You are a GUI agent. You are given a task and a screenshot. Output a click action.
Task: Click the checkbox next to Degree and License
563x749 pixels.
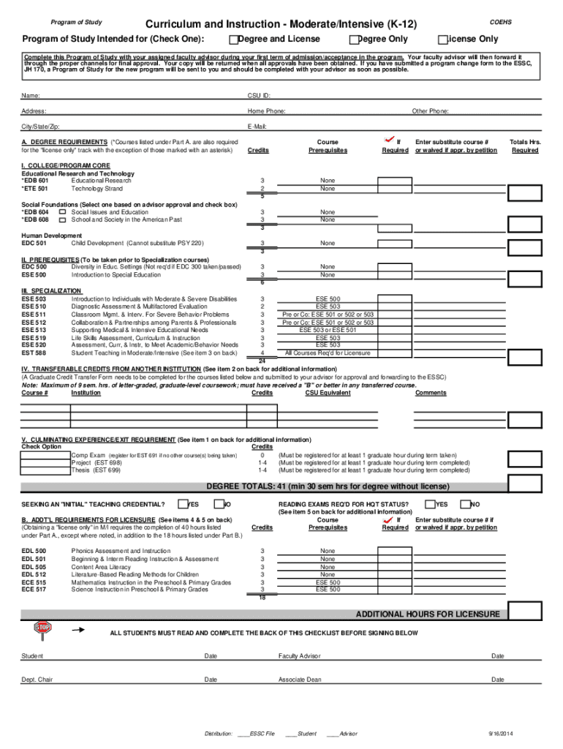click(x=233, y=39)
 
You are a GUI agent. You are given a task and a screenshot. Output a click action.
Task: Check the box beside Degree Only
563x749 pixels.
click(x=355, y=39)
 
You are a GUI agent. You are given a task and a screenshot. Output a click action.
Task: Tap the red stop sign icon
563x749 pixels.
click(x=43, y=628)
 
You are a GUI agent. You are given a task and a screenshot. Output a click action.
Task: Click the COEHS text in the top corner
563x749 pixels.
click(x=501, y=22)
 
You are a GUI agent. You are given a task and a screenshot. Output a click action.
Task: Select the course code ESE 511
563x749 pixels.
click(x=34, y=315)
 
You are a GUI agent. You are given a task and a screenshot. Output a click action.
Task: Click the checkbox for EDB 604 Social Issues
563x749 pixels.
click(x=62, y=212)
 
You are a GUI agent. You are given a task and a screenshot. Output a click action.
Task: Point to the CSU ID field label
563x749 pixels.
click(x=260, y=96)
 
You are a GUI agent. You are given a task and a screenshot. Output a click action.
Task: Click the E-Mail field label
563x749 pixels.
click(x=257, y=127)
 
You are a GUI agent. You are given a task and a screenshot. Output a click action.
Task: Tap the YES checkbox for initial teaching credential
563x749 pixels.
click(x=184, y=503)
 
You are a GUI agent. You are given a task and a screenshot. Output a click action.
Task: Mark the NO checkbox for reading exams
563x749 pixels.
click(x=464, y=503)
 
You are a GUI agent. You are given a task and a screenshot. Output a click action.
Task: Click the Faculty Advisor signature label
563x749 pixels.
click(x=299, y=656)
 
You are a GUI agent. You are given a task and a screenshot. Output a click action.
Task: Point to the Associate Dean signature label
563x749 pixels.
click(x=299, y=680)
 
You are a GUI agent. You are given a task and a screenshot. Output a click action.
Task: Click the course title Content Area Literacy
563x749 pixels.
click(x=101, y=567)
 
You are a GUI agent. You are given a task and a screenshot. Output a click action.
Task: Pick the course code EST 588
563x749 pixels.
click(x=34, y=353)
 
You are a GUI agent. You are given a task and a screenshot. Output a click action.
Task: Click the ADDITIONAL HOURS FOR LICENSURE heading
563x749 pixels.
click(x=428, y=614)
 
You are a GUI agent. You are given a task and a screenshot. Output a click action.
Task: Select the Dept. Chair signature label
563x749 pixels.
click(x=37, y=680)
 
